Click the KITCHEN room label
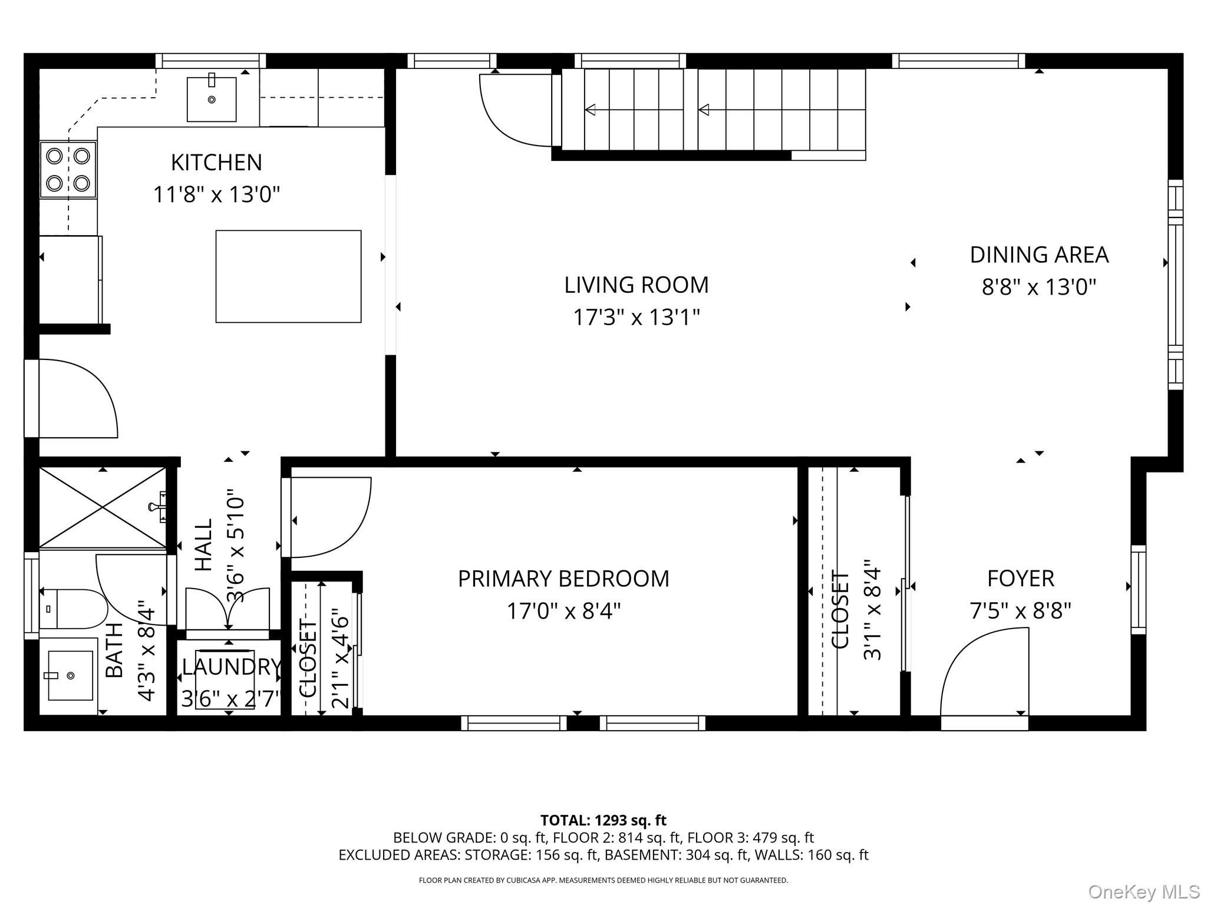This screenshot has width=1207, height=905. click(x=216, y=163)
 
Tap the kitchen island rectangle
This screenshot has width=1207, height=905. click(x=288, y=276)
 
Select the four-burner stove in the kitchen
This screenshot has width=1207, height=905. click(x=68, y=170)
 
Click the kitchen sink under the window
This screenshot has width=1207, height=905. click(x=212, y=99)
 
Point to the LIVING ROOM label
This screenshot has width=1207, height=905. click(x=637, y=285)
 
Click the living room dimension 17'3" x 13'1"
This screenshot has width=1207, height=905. click(x=637, y=318)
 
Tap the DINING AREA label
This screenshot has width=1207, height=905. click(x=1039, y=255)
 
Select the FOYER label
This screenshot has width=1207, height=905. click(x=1021, y=579)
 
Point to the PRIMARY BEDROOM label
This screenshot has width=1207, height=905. click(x=563, y=579)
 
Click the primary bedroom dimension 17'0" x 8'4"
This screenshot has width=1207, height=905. click(x=564, y=612)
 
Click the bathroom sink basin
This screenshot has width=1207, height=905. click(x=70, y=675)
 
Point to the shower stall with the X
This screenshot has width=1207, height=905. click(x=103, y=507)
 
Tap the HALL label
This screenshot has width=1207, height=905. click(x=203, y=545)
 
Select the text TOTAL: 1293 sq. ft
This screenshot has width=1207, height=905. click(x=603, y=820)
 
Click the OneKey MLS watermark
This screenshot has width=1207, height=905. click(x=1144, y=891)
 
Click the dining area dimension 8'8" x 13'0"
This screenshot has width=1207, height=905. click(x=1039, y=288)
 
